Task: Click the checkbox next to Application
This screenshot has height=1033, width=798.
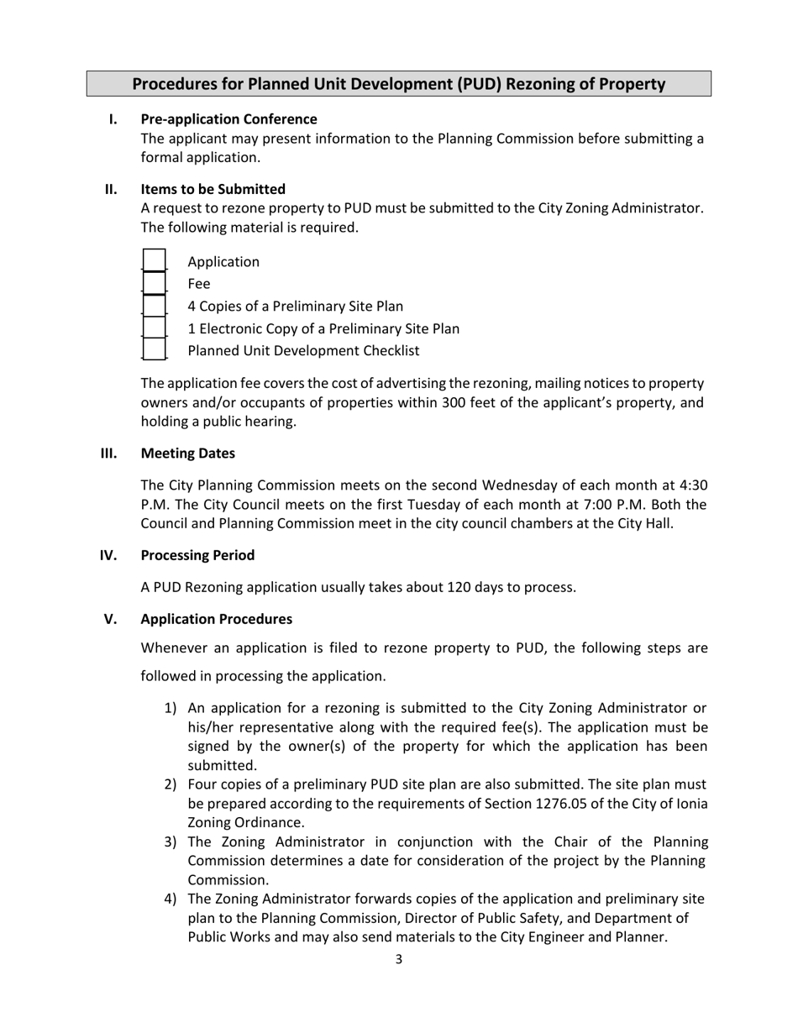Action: click(155, 261)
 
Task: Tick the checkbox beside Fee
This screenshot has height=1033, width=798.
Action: click(155, 284)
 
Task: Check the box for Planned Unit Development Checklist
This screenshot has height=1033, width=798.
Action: click(155, 349)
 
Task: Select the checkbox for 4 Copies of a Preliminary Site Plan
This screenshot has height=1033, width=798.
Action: click(155, 306)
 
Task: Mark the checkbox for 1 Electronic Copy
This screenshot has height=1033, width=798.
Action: click(155, 328)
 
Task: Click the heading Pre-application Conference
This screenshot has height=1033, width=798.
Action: click(228, 119)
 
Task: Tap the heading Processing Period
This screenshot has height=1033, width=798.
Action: click(197, 555)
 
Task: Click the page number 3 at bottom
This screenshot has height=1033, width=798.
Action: click(399, 959)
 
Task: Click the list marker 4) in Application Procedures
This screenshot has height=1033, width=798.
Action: click(170, 899)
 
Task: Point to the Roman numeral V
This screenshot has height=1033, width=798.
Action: click(110, 619)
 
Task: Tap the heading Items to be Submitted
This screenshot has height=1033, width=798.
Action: click(213, 189)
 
